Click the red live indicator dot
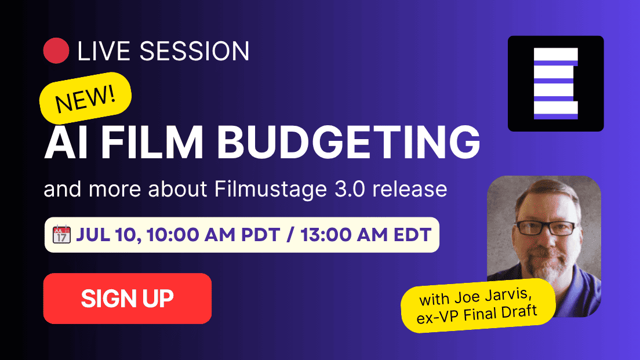(x=56, y=50)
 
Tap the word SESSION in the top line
(x=194, y=51)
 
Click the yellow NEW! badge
(x=85, y=99)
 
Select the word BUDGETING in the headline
(x=348, y=142)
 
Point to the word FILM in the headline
(x=152, y=142)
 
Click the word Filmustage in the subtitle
(x=271, y=190)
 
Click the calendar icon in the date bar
(x=61, y=234)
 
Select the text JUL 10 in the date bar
(x=108, y=235)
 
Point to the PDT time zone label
(x=260, y=235)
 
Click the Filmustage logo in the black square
(x=556, y=83)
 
